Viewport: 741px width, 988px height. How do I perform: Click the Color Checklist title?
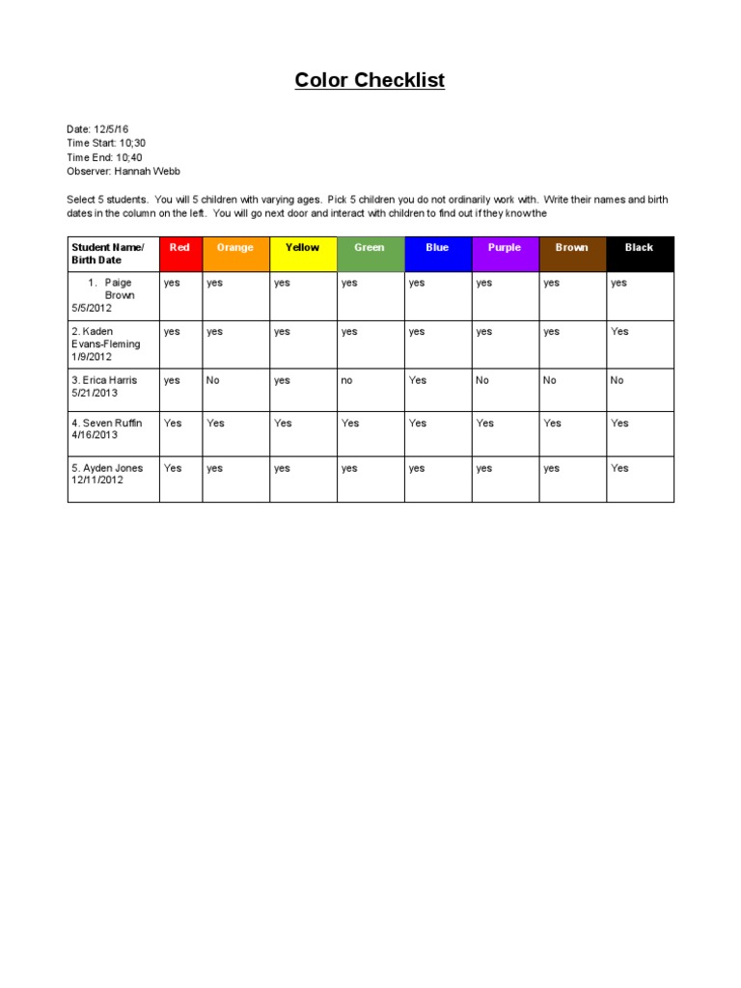point(370,81)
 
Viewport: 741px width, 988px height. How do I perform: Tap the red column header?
point(180,248)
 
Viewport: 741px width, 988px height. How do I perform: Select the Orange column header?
point(235,248)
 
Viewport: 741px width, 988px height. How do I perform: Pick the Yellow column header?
point(303,248)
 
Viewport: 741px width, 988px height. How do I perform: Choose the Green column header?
point(370,248)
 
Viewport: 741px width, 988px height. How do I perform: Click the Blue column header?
point(437,248)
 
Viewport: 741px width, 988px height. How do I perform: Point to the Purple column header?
point(505,248)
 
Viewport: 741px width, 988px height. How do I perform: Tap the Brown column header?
point(572,248)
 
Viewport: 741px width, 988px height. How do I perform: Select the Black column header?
point(639,248)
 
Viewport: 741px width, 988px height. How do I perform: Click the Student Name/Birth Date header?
point(108,254)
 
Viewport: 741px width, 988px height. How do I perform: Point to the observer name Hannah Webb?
point(147,171)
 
